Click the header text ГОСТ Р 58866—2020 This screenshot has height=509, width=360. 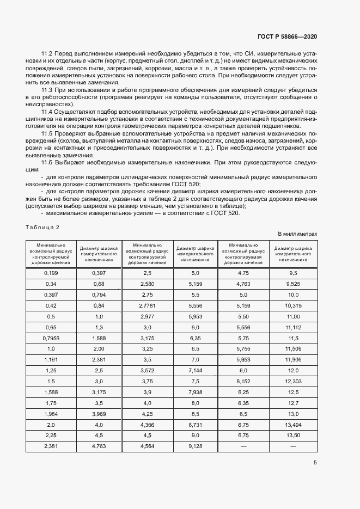[x=286, y=36]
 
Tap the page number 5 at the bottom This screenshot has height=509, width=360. [x=315, y=463]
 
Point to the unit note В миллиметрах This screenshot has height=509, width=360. [x=297, y=234]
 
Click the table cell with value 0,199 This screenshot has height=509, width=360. [x=51, y=272]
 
